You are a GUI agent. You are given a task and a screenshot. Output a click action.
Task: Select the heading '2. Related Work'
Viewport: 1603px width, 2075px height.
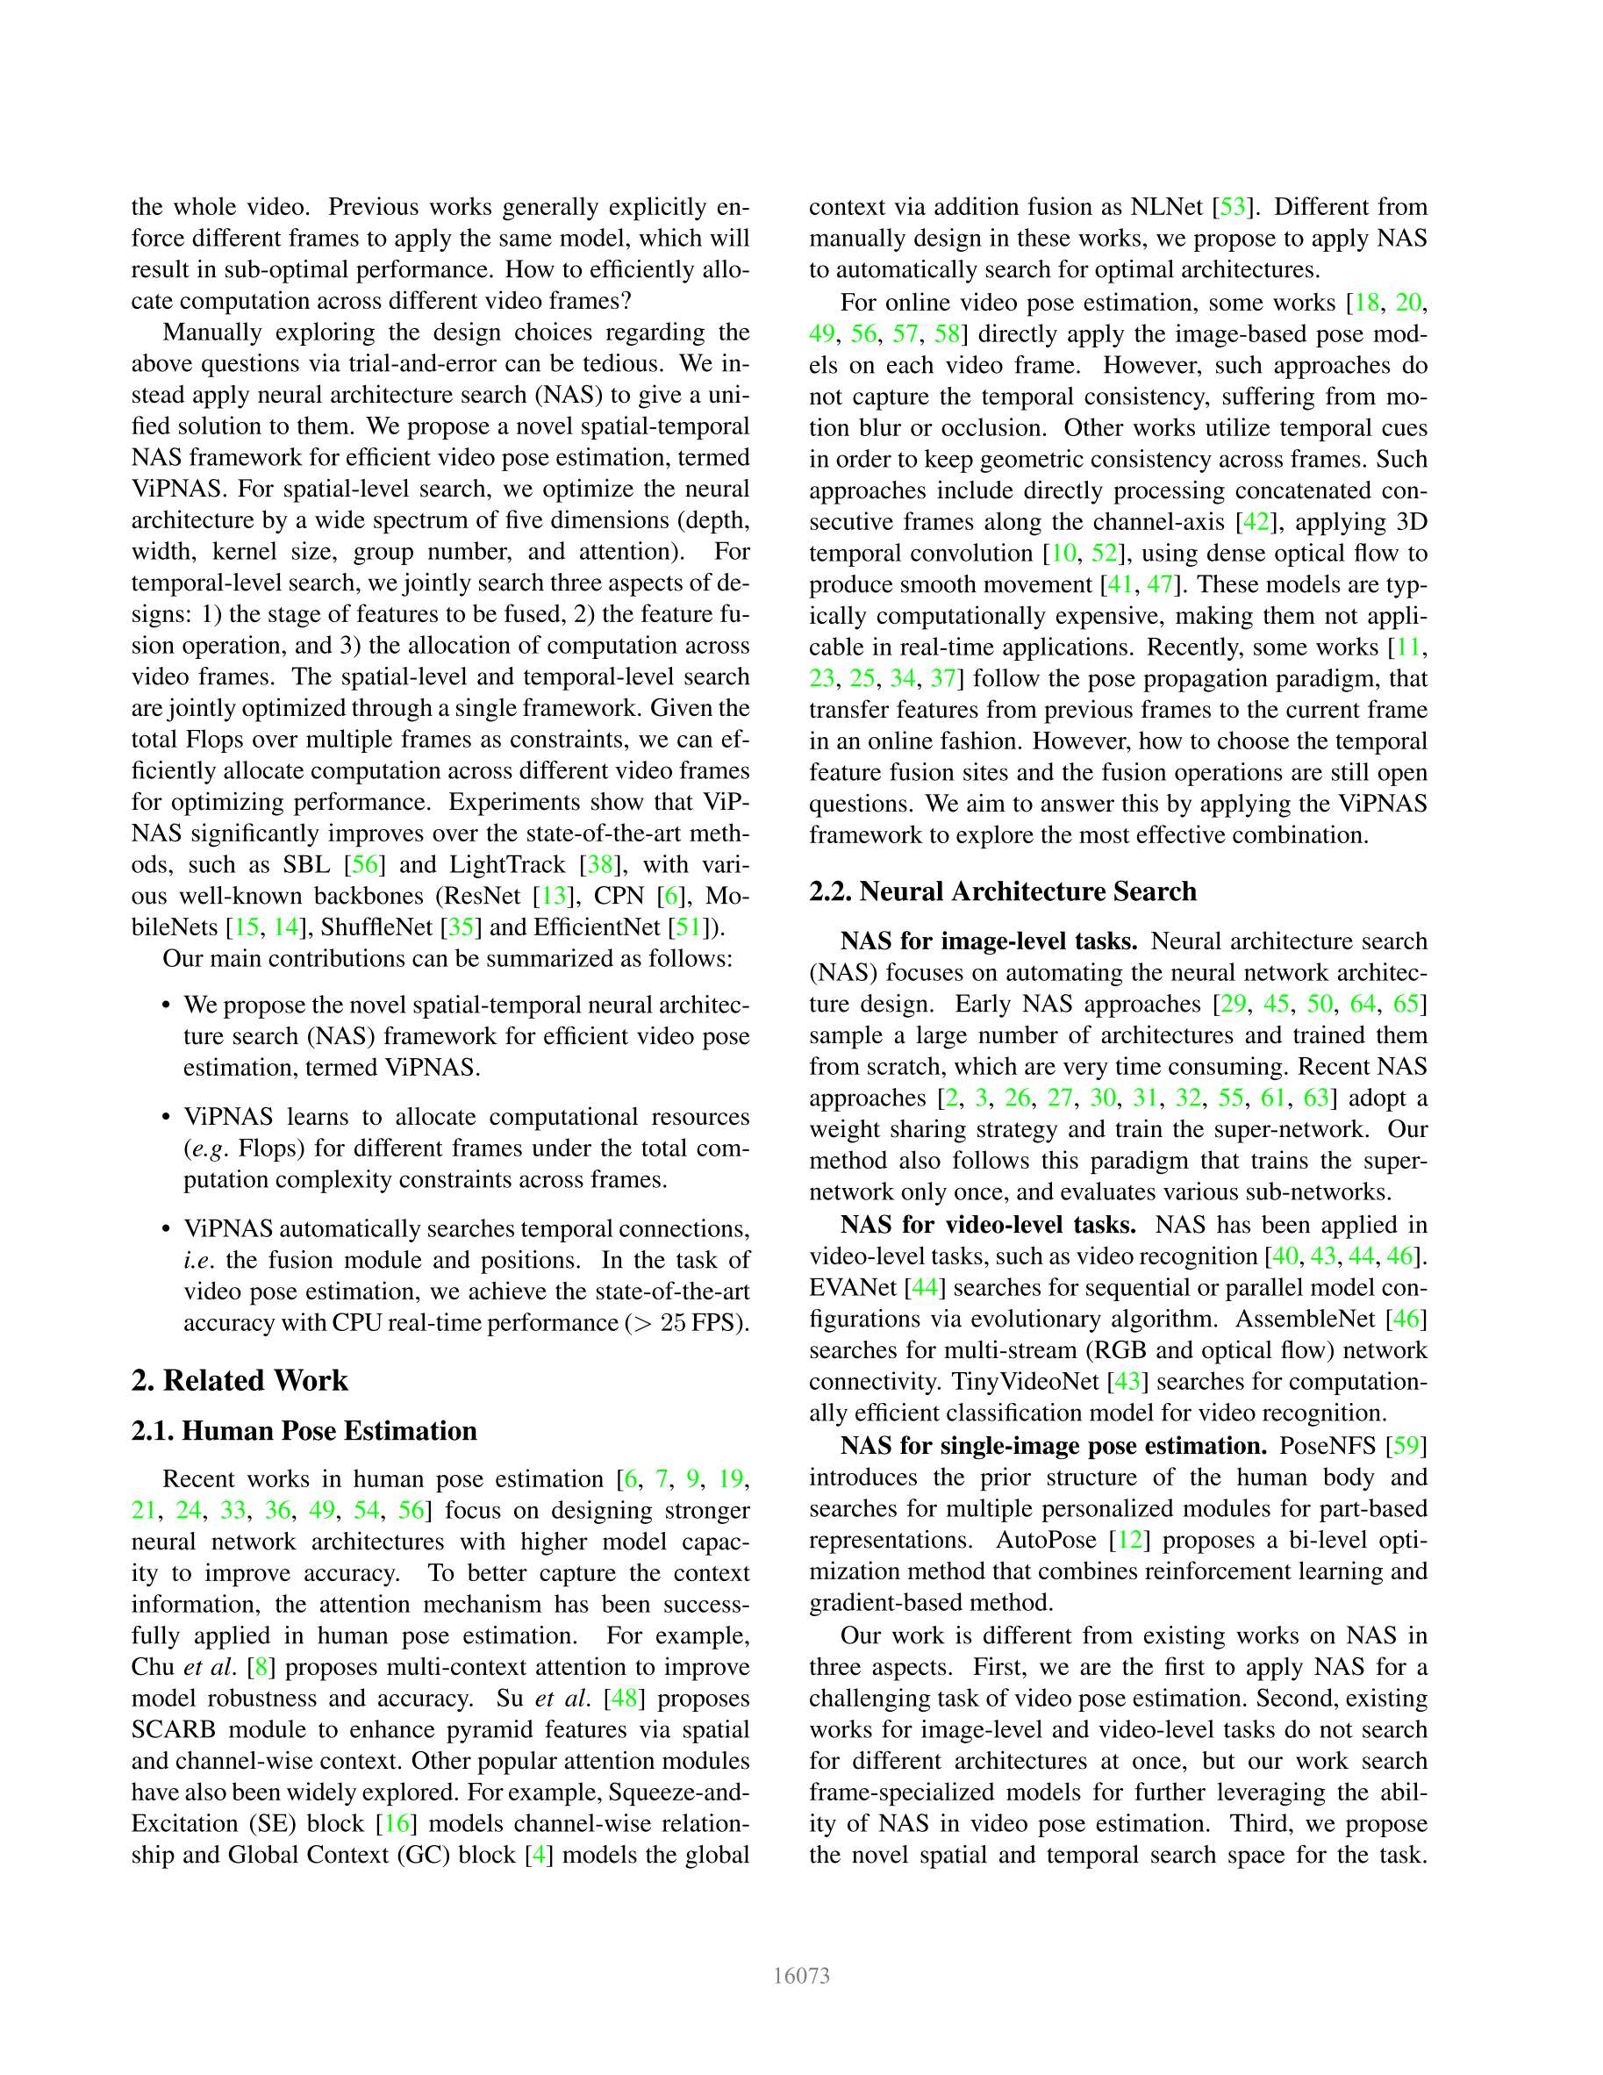pos(240,1380)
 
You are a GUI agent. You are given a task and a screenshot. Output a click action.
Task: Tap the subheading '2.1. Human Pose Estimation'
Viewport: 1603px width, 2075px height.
pos(304,1431)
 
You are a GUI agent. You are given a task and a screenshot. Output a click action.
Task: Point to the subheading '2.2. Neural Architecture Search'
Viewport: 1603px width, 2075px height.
pos(1003,891)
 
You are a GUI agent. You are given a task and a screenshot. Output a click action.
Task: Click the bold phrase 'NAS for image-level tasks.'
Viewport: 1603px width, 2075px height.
pos(989,941)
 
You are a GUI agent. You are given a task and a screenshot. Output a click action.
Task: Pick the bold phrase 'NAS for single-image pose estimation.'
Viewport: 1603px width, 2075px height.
pos(1054,1446)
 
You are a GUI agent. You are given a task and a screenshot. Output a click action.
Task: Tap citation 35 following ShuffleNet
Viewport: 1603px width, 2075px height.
pos(461,927)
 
